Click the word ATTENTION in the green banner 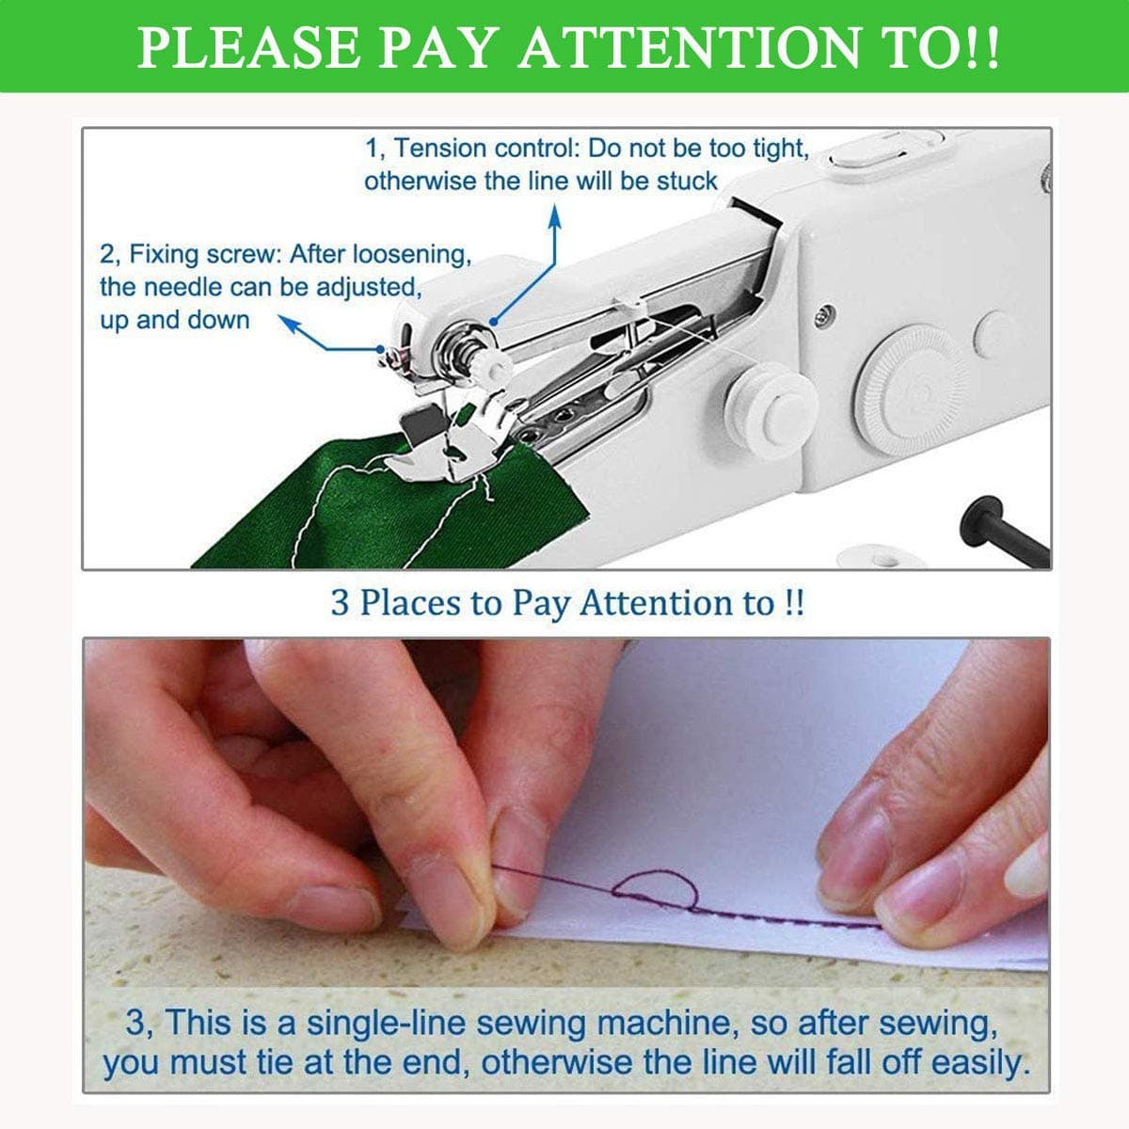point(689,47)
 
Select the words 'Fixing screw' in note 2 point(204,254)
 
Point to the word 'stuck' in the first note point(687,181)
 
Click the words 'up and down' point(175,320)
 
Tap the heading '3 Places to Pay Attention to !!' point(567,602)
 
